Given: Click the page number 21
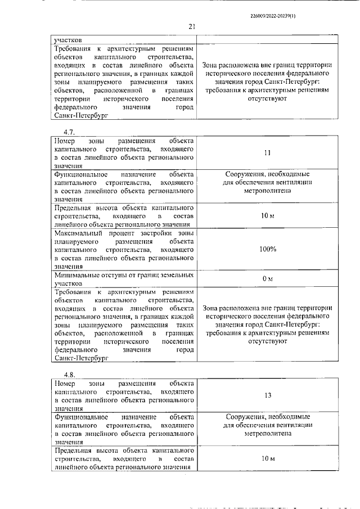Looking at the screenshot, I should [x=191, y=26].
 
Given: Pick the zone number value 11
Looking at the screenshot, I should [x=267, y=152].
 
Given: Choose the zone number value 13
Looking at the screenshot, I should [x=267, y=395].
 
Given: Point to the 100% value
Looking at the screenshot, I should [x=267, y=249].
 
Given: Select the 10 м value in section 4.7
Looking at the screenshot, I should [x=267, y=216].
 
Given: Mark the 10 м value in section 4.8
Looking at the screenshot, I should [x=267, y=459].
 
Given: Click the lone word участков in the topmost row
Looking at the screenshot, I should [x=67, y=40].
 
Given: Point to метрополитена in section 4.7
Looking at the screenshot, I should [x=267, y=191].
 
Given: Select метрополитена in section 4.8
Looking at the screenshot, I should [x=267, y=434].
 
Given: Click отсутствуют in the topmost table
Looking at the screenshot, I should [x=267, y=98].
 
